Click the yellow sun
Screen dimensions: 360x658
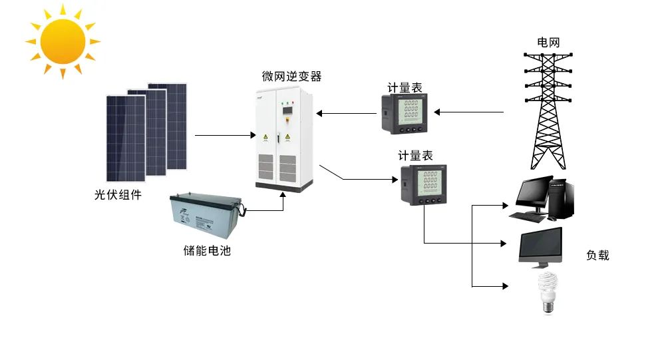click(x=63, y=41)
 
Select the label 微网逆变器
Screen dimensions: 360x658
click(x=291, y=77)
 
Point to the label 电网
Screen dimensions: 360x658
click(x=548, y=42)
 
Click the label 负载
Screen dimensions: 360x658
click(x=597, y=255)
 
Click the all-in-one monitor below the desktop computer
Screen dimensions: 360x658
click(x=540, y=246)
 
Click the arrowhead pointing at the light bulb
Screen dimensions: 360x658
click(x=504, y=287)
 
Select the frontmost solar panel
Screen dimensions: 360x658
click(x=126, y=138)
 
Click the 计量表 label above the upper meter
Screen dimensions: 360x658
click(x=405, y=88)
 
